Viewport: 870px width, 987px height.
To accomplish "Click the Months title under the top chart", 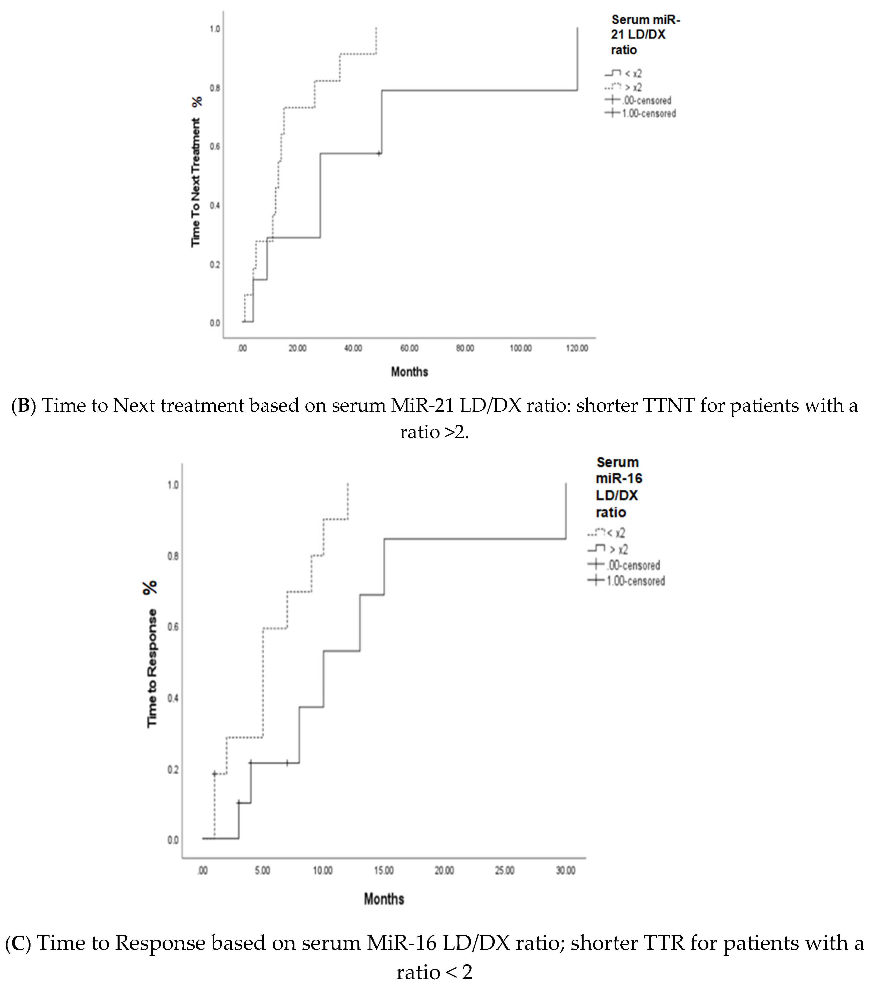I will [x=409, y=372].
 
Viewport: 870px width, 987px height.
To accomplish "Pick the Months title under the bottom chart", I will [x=384, y=899].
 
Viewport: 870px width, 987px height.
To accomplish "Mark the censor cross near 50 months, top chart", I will [x=379, y=153].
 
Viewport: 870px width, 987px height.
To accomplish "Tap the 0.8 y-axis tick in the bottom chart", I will [x=173, y=556].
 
